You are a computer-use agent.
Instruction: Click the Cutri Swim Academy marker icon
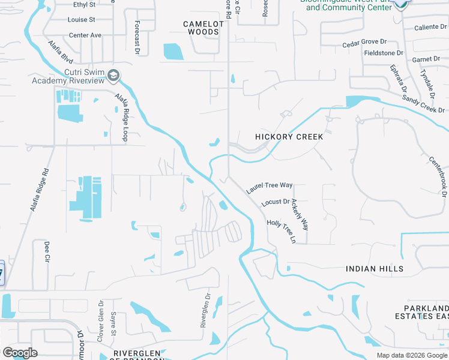113,75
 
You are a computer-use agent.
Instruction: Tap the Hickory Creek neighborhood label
289,137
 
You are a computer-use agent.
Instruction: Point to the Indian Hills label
375,269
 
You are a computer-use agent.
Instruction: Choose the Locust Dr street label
276,203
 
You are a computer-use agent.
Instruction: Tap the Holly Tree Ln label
282,231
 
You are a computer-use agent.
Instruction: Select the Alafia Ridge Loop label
121,117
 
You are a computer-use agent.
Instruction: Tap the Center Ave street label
85,35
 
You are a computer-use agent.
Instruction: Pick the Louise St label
82,20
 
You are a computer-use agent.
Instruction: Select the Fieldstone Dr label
384,53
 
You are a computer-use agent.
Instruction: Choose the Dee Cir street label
46,252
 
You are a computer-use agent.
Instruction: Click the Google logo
20,353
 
